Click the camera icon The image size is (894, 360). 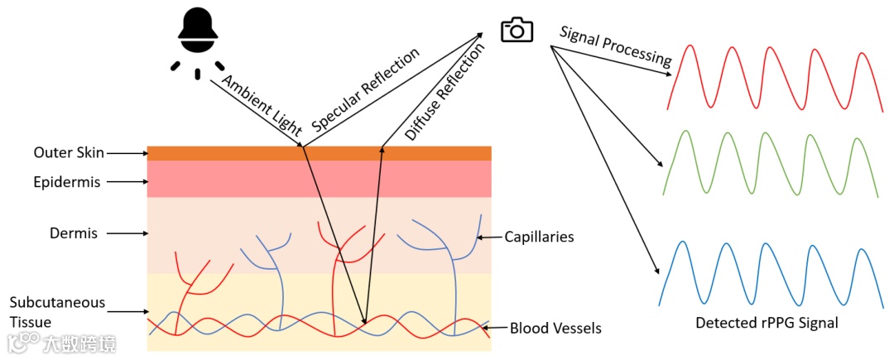point(517,31)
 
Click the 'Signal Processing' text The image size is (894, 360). point(615,46)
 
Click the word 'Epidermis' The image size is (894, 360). point(67,182)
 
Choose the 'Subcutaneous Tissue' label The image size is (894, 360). point(46,312)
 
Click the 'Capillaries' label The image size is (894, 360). point(539,238)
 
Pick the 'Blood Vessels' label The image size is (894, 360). point(555,329)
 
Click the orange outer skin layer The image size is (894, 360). point(319,153)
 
